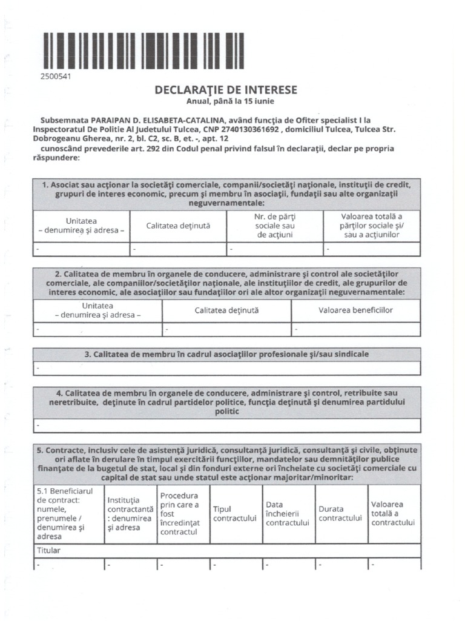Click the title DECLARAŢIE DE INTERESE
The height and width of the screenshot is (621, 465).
[226, 90]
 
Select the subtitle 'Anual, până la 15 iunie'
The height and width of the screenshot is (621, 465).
[226, 101]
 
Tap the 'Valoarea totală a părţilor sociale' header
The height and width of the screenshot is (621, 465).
[371, 225]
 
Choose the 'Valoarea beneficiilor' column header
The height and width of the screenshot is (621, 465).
[355, 310]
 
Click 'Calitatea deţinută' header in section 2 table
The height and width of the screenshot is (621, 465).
[226, 310]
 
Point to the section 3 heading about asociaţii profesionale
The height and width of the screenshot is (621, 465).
[226, 354]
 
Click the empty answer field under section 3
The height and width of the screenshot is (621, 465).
[226, 368]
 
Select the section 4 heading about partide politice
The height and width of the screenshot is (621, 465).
[226, 401]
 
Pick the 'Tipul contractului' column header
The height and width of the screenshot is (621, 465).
[236, 514]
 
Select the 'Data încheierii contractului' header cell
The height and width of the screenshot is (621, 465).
[288, 514]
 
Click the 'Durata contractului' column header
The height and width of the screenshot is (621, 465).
[340, 514]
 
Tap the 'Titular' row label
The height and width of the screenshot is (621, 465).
[49, 551]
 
